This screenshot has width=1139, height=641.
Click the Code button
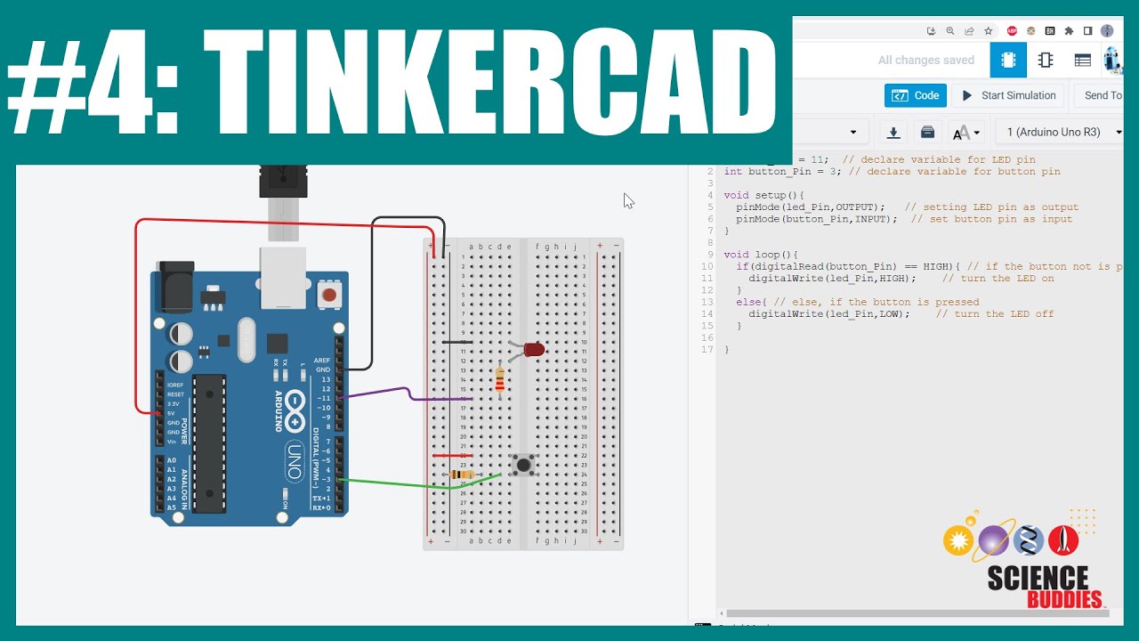tap(916, 95)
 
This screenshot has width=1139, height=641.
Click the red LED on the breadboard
tap(534, 350)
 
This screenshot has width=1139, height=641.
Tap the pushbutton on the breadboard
tap(524, 465)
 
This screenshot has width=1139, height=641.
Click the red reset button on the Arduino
tap(329, 294)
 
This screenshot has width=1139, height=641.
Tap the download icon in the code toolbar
tap(893, 133)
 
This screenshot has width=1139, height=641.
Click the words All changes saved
tap(925, 61)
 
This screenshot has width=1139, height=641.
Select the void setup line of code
tap(763, 195)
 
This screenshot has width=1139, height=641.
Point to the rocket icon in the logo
tap(1063, 540)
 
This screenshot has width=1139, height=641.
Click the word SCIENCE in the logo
tap(1038, 579)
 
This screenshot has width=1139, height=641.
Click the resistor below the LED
tap(499, 380)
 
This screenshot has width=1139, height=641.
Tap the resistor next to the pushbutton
tap(460, 475)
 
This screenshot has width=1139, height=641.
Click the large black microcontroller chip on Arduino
tap(210, 443)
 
